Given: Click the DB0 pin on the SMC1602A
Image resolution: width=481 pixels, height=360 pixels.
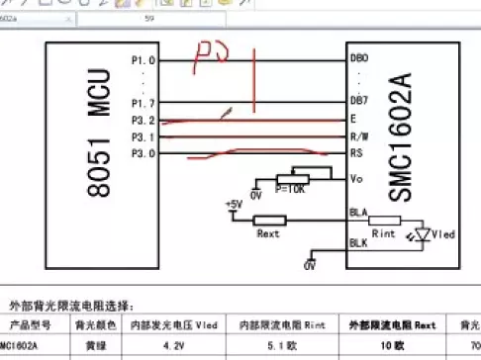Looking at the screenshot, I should [x=360, y=59].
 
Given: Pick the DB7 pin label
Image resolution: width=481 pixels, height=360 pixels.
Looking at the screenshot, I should [x=360, y=102].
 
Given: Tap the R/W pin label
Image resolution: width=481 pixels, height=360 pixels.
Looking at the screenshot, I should [x=360, y=136].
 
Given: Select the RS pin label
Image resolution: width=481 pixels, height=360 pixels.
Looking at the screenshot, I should [x=357, y=153].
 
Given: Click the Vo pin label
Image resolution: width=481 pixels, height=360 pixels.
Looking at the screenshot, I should [x=357, y=179].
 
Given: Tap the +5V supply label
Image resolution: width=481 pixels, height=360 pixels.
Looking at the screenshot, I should [x=234, y=204].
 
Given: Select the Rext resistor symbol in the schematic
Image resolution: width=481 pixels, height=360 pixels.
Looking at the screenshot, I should [x=267, y=220].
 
